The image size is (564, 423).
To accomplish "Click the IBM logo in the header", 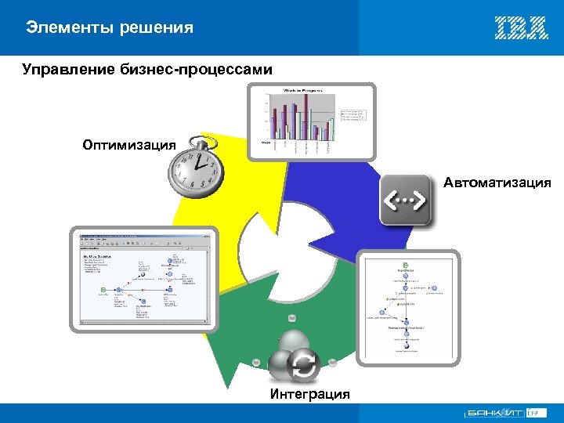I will (x=521, y=28).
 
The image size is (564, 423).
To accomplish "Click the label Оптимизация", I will (x=129, y=144).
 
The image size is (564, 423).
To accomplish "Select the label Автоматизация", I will (x=497, y=183).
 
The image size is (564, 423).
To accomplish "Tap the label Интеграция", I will (x=310, y=393).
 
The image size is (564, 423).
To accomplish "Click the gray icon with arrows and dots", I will (x=406, y=201).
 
